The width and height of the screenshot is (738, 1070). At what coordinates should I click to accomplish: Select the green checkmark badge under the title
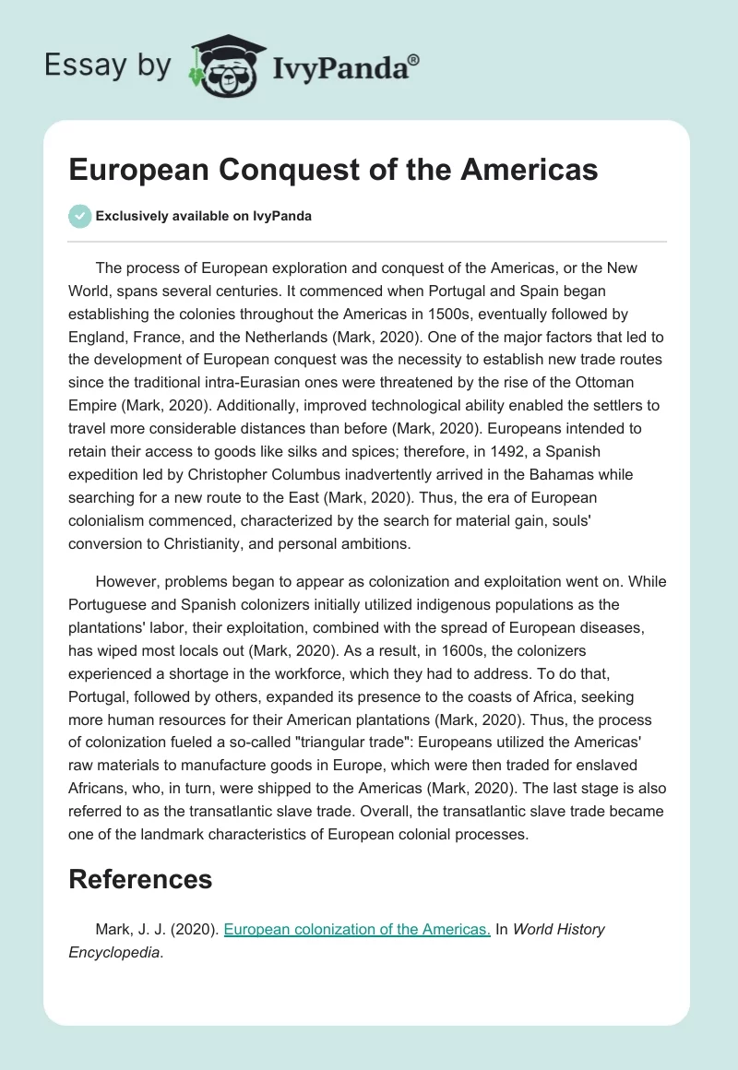79,216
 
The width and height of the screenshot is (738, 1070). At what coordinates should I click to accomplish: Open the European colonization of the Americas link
357,929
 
